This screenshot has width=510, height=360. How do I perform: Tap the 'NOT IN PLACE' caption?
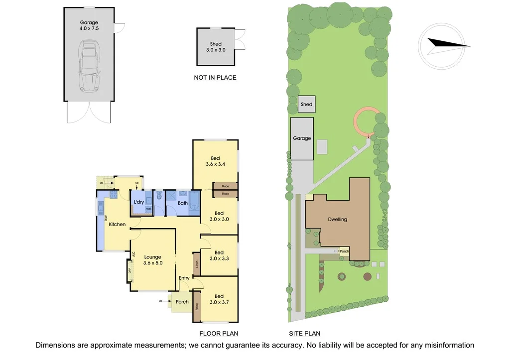[x=215, y=78]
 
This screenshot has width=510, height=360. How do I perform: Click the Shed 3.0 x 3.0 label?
[x=216, y=47]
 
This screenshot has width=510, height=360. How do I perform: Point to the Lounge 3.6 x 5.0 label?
[x=153, y=260]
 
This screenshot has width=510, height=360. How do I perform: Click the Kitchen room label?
[x=118, y=225]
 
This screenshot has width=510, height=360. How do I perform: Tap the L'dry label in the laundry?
[x=139, y=202]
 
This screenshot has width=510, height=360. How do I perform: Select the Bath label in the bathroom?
[x=183, y=203]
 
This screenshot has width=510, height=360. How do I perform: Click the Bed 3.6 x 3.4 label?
[x=215, y=161]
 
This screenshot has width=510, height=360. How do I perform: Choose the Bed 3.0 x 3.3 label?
[x=219, y=256]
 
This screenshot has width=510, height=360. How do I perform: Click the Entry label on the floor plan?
[x=184, y=278]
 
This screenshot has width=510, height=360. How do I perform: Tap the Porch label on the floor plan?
[x=182, y=302]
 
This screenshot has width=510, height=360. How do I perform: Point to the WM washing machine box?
[x=148, y=210]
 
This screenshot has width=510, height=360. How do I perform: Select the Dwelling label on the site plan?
[x=337, y=219]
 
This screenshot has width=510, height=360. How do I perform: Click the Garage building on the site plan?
[x=302, y=138]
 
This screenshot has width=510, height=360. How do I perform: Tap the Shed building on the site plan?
[x=306, y=105]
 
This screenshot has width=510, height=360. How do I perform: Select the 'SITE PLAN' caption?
[x=304, y=334]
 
